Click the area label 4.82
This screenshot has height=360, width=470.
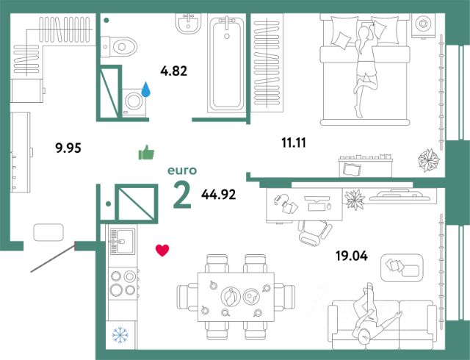pyautogui.click(x=175, y=71)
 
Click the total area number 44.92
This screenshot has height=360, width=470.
pyautogui.click(x=219, y=195)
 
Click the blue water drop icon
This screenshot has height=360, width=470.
pyautogui.click(x=145, y=90)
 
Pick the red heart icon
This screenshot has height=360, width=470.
pyautogui.click(x=162, y=251)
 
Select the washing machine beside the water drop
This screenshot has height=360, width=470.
pyautogui.click(x=133, y=101)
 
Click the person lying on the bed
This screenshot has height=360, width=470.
pyautogui.click(x=364, y=66)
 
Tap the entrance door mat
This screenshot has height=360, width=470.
pyautogui.click(x=50, y=232)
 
